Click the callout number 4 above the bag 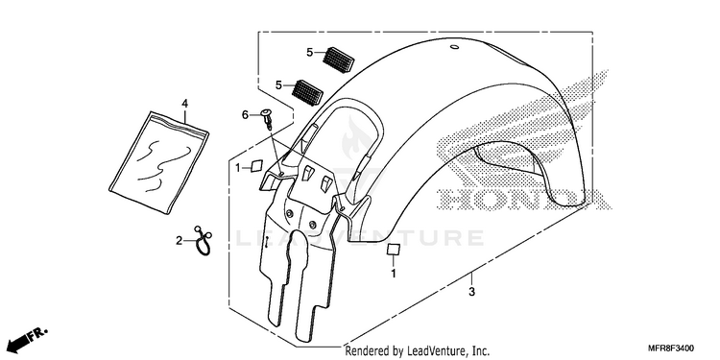pos(184,104)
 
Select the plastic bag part pos(158,162)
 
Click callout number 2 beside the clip pos(180,240)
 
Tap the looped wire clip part pos(203,241)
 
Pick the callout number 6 pos(245,115)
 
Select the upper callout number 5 pos(310,53)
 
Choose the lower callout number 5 pos(278,84)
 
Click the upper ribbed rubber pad pos(338,60)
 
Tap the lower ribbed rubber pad pos(307,92)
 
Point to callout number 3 pos(471,292)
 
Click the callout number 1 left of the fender pos(238,168)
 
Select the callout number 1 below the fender pos(393,275)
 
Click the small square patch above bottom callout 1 pos(393,250)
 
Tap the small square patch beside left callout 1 pos(256,165)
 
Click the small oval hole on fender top pos(455,47)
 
